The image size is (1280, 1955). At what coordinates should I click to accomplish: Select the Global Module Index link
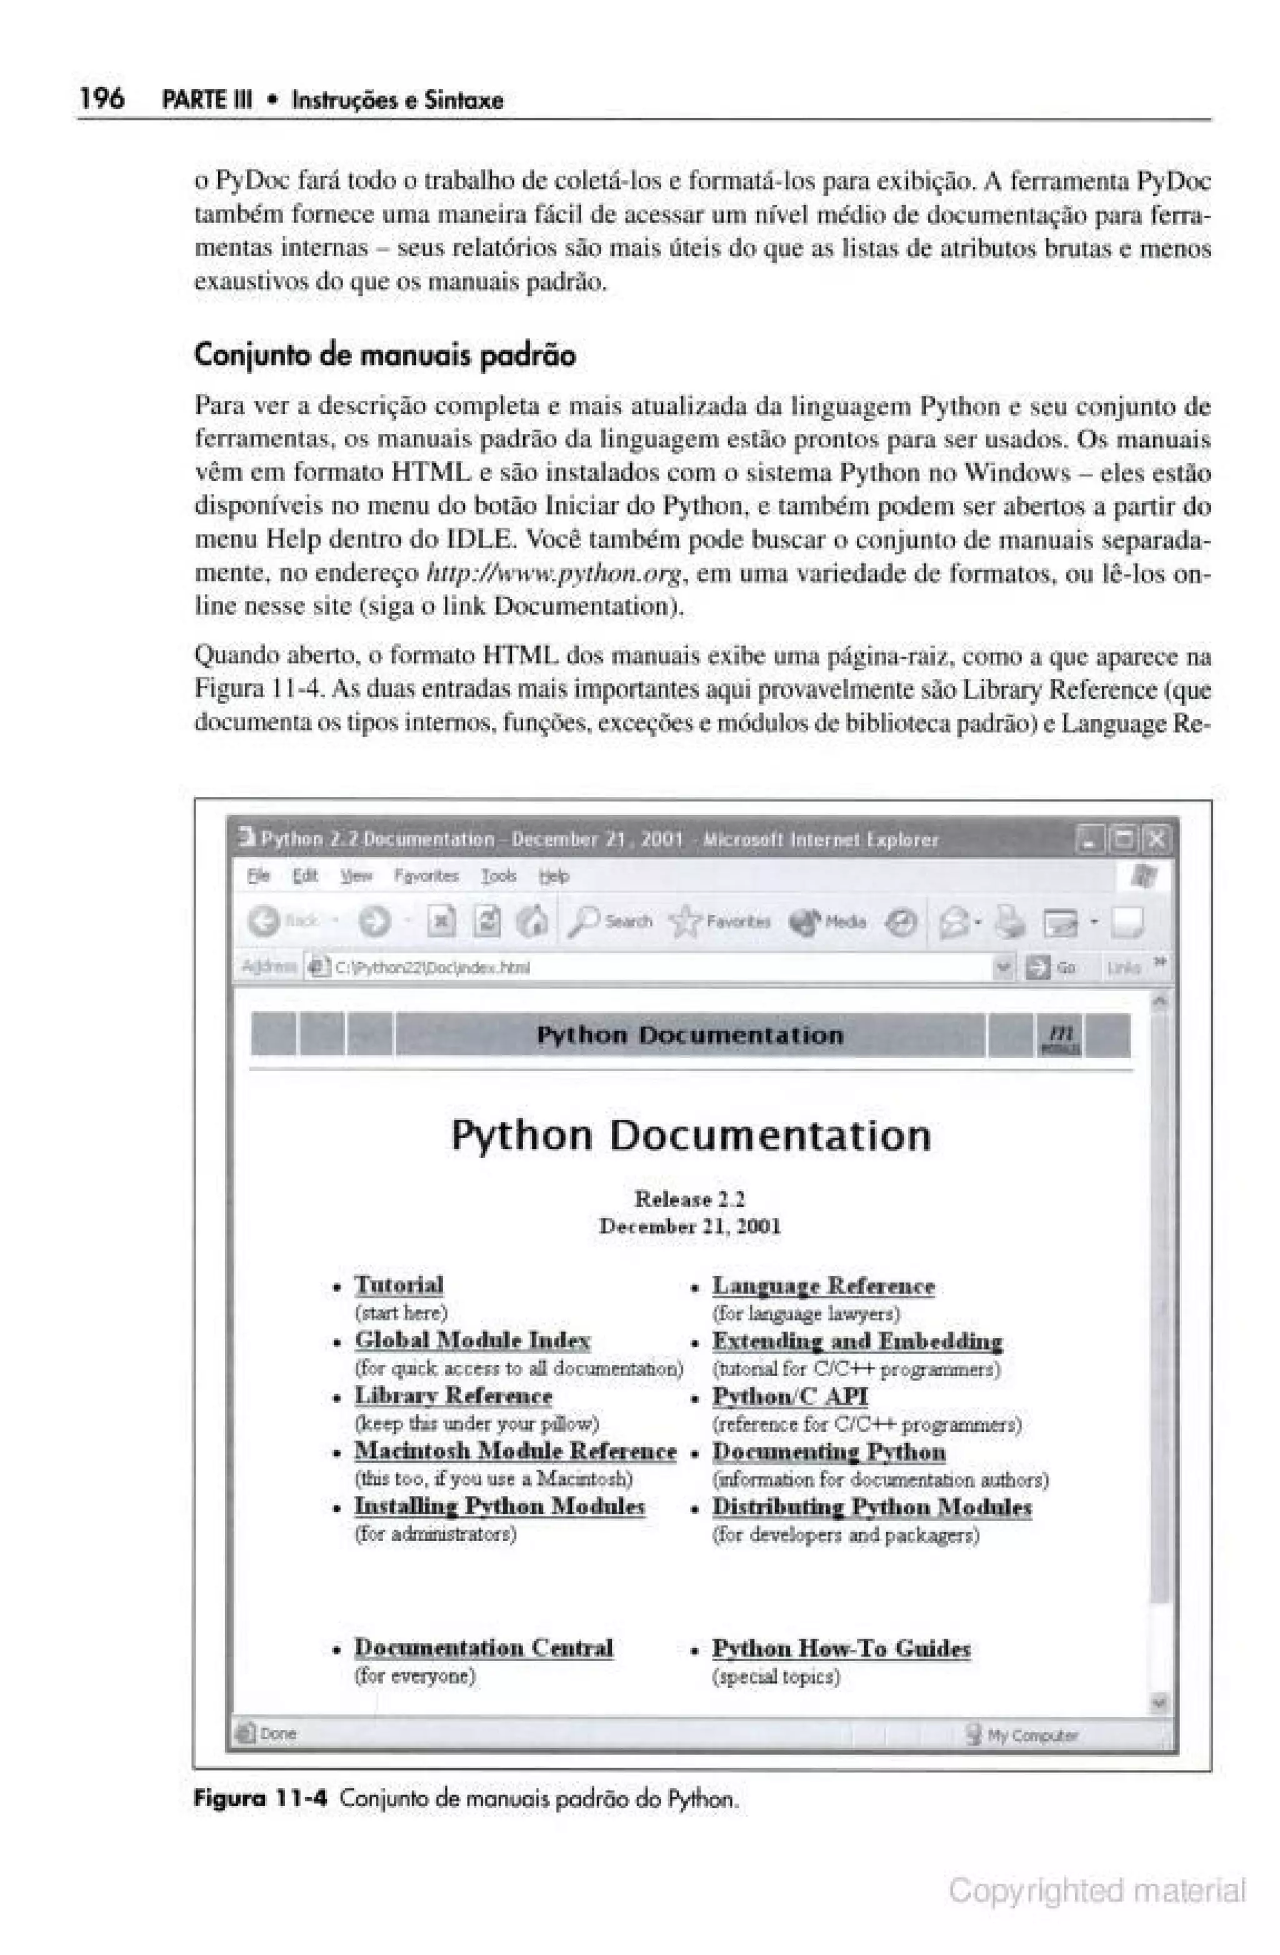472,1340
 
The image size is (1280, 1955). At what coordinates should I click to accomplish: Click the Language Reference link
822,1285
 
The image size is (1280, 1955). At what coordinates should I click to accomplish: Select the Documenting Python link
828,1452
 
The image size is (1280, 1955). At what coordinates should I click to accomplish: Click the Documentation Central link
484,1647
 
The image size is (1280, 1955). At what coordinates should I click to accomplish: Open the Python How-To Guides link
841,1648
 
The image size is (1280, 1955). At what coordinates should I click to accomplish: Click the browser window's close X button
1155,838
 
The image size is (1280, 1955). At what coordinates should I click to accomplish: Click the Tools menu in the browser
498,876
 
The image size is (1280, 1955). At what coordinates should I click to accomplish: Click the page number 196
102,99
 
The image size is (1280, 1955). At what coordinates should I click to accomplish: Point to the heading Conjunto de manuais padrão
384,355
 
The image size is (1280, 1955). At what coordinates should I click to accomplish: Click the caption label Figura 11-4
260,1799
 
